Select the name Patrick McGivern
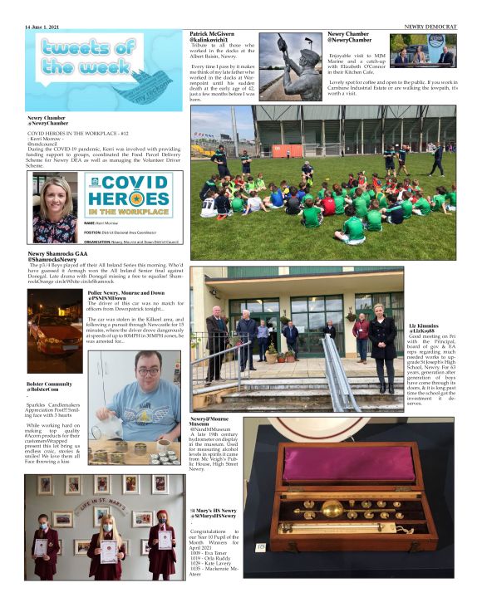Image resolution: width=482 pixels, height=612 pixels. point(212,33)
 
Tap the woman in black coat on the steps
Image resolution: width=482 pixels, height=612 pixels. point(384,348)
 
